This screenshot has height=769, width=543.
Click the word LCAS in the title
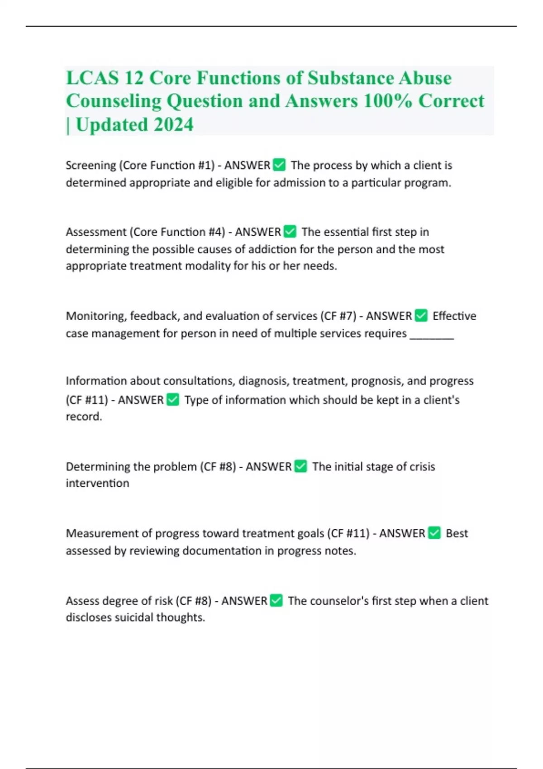(92, 78)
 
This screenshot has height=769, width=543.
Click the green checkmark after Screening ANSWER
(280, 165)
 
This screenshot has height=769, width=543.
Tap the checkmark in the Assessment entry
(290, 232)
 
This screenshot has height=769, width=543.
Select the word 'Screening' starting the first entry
(91, 166)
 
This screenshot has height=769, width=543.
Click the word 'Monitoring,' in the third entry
(96, 316)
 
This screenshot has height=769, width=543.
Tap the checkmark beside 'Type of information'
(173, 400)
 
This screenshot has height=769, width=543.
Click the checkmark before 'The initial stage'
(300, 466)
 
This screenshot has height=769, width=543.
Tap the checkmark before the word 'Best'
(434, 533)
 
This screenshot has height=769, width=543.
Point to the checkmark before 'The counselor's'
(276, 601)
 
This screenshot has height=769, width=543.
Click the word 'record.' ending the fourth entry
(84, 417)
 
